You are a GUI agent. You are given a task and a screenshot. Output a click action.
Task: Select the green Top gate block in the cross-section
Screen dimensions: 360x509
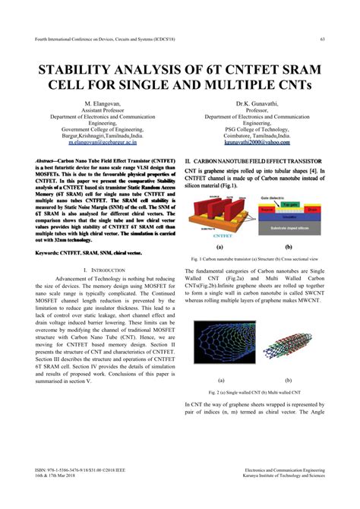click(x=292, y=205)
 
